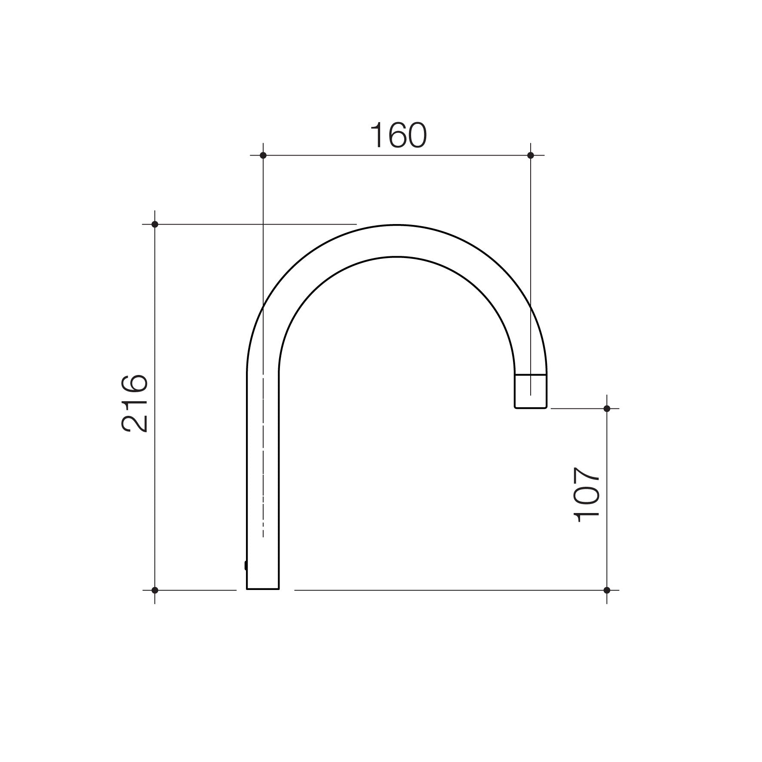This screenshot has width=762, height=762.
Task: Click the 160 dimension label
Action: [398, 135]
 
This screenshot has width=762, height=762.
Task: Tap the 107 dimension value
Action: [587, 495]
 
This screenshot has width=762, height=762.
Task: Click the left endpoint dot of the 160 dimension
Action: [263, 155]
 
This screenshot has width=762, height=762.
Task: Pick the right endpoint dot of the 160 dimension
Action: [531, 155]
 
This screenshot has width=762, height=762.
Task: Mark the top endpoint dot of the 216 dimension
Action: [155, 224]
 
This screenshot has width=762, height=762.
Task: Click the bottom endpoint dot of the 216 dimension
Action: [155, 590]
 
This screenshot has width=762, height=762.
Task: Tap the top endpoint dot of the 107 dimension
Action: [607, 408]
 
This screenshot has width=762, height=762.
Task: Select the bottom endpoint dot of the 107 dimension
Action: [607, 590]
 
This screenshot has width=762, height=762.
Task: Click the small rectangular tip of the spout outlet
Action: [531, 391]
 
